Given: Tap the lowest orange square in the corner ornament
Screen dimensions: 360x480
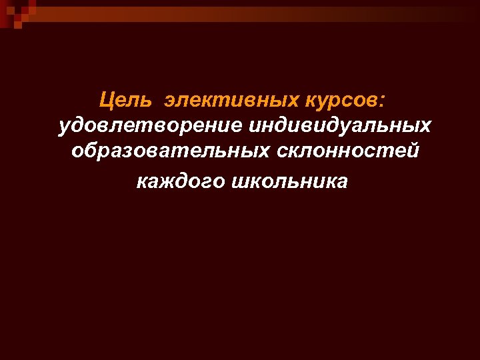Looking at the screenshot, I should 18,25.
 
